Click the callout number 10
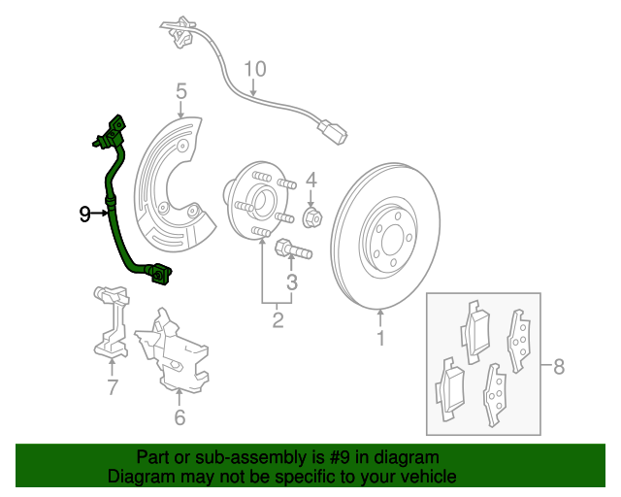pyautogui.click(x=254, y=69)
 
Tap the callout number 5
pyautogui.click(x=181, y=91)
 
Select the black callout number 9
pyautogui.click(x=84, y=214)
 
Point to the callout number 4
pyautogui.click(x=311, y=181)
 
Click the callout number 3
pyautogui.click(x=292, y=282)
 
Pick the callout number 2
pyautogui.click(x=278, y=319)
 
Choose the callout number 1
pyautogui.click(x=380, y=338)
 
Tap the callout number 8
pyautogui.click(x=559, y=366)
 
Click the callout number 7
pyautogui.click(x=113, y=386)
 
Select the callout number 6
pyautogui.click(x=180, y=417)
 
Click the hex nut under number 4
pyautogui.click(x=312, y=216)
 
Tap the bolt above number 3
pyautogui.click(x=293, y=248)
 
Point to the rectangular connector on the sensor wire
pyautogui.click(x=332, y=131)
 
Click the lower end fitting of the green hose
pyautogui.click(x=161, y=274)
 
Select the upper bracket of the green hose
pyautogui.click(x=112, y=134)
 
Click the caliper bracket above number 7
pyautogui.click(x=112, y=321)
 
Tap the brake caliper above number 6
pyautogui.click(x=173, y=351)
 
